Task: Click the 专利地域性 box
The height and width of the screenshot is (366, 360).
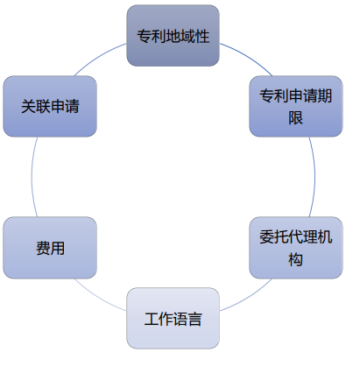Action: [x=173, y=36]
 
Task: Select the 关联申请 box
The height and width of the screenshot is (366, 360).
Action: [x=50, y=106]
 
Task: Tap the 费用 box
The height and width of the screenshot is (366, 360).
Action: [x=50, y=248]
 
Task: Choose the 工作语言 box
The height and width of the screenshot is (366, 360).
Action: [x=173, y=318]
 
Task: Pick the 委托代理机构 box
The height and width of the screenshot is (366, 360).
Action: [x=296, y=248]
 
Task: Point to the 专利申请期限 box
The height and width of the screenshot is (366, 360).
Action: [x=296, y=106]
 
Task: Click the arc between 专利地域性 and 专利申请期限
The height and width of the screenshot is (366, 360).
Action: [x=248, y=57]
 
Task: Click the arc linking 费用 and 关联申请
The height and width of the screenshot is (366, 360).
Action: [x=32, y=177]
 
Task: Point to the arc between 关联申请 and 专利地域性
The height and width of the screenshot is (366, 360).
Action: [x=98, y=57]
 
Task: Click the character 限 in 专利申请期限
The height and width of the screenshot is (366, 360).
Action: [x=296, y=118]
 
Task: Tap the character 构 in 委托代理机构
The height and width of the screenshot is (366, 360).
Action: [x=296, y=259]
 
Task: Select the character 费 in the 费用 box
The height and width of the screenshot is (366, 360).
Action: [x=43, y=248]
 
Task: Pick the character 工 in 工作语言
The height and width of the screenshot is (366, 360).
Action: [x=152, y=319]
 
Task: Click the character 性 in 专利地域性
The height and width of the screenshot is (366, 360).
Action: [x=202, y=36]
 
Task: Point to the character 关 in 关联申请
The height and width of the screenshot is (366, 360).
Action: [x=28, y=106]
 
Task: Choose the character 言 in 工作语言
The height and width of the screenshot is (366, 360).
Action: [x=194, y=319]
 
